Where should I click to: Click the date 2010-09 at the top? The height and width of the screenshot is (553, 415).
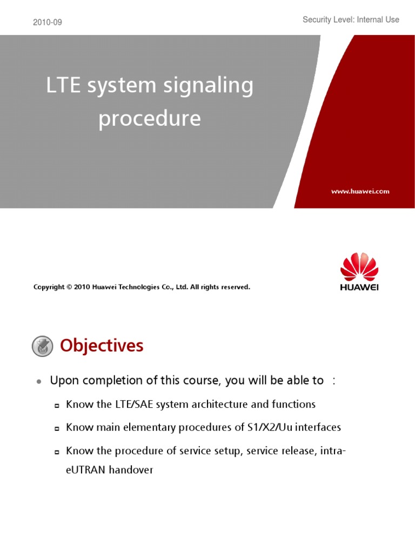pyautogui.click(x=48, y=22)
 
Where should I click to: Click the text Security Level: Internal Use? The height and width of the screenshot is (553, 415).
pyautogui.click(x=351, y=19)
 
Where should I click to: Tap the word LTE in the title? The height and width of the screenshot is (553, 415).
pyautogui.click(x=64, y=87)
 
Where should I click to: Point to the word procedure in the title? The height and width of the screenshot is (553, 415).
pyautogui.click(x=150, y=119)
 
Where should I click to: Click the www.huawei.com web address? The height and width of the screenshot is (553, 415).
pyautogui.click(x=360, y=191)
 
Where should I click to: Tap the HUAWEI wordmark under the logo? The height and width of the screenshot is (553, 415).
pyautogui.click(x=359, y=287)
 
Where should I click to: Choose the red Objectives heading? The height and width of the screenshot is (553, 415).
pyautogui.click(x=102, y=346)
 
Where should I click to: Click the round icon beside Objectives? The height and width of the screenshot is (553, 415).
pyautogui.click(x=43, y=346)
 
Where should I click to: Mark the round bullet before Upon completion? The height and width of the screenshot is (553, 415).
pyautogui.click(x=39, y=382)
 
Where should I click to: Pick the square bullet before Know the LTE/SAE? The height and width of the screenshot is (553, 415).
pyautogui.click(x=57, y=406)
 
